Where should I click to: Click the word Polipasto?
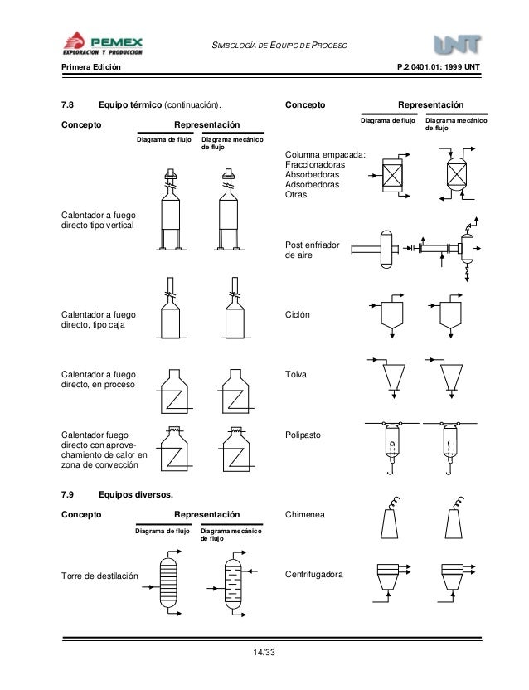click(304, 435)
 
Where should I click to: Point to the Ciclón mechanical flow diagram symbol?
click(450, 314)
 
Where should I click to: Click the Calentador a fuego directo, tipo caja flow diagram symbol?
click(168, 315)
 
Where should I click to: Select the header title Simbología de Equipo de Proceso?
click(280, 43)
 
